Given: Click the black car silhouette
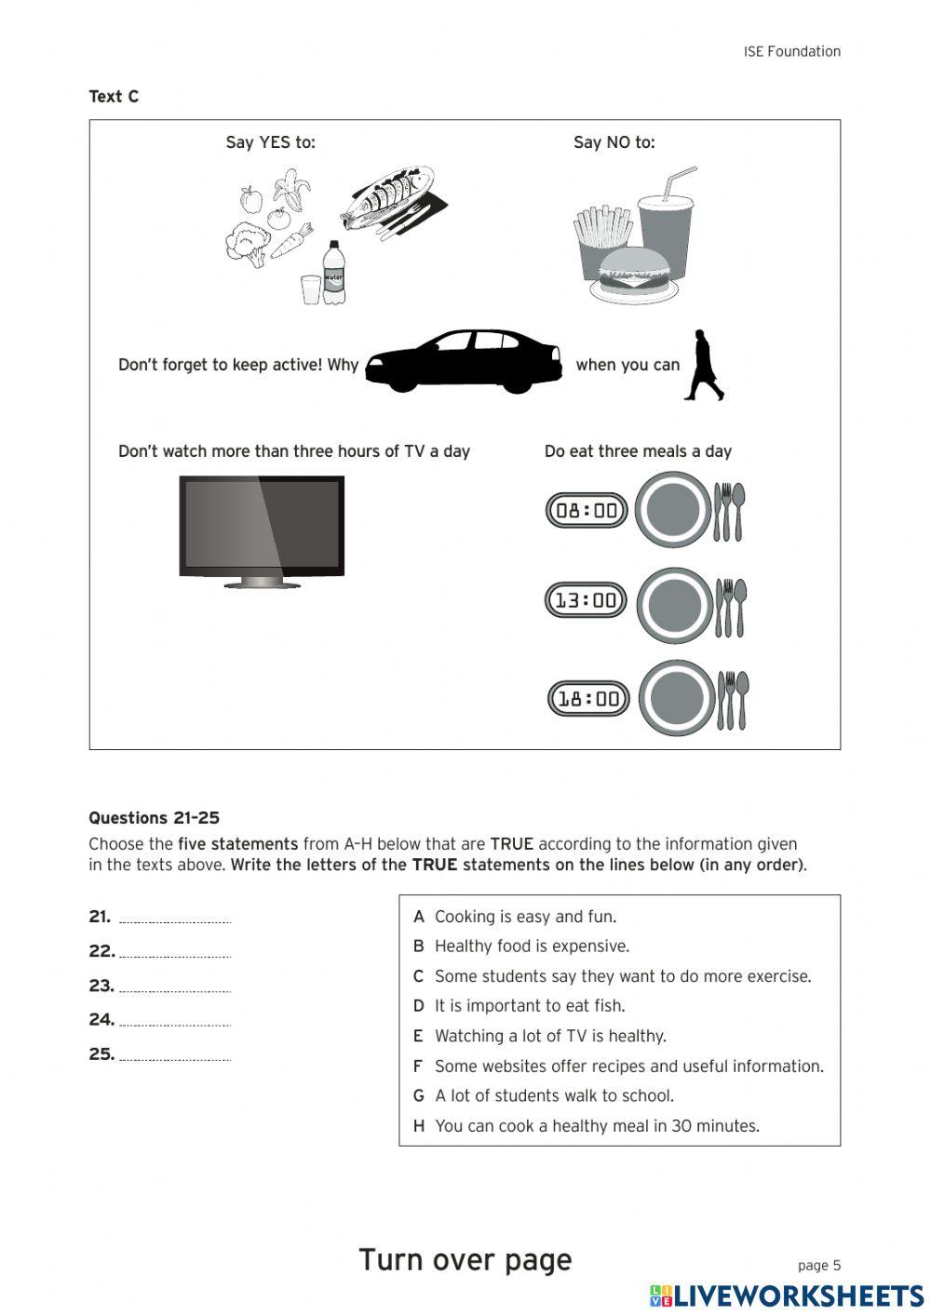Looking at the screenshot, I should (x=464, y=361).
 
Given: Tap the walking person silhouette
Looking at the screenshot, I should (x=705, y=365).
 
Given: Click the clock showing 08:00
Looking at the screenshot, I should (x=587, y=510).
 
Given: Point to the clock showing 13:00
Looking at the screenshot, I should (x=587, y=600).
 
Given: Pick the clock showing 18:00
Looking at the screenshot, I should (x=588, y=698).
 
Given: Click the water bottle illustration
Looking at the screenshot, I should (x=333, y=273).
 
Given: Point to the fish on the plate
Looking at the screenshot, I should (x=389, y=197).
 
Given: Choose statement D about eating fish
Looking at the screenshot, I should (x=529, y=1006).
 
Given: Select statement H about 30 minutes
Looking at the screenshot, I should (x=596, y=1126).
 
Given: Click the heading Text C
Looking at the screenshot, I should (x=114, y=97).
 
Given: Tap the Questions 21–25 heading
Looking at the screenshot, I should (x=154, y=818).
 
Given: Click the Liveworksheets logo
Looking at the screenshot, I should (x=787, y=1295).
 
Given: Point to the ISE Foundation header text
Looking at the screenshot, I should (x=791, y=52).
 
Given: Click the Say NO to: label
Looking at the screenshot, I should (x=614, y=142).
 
